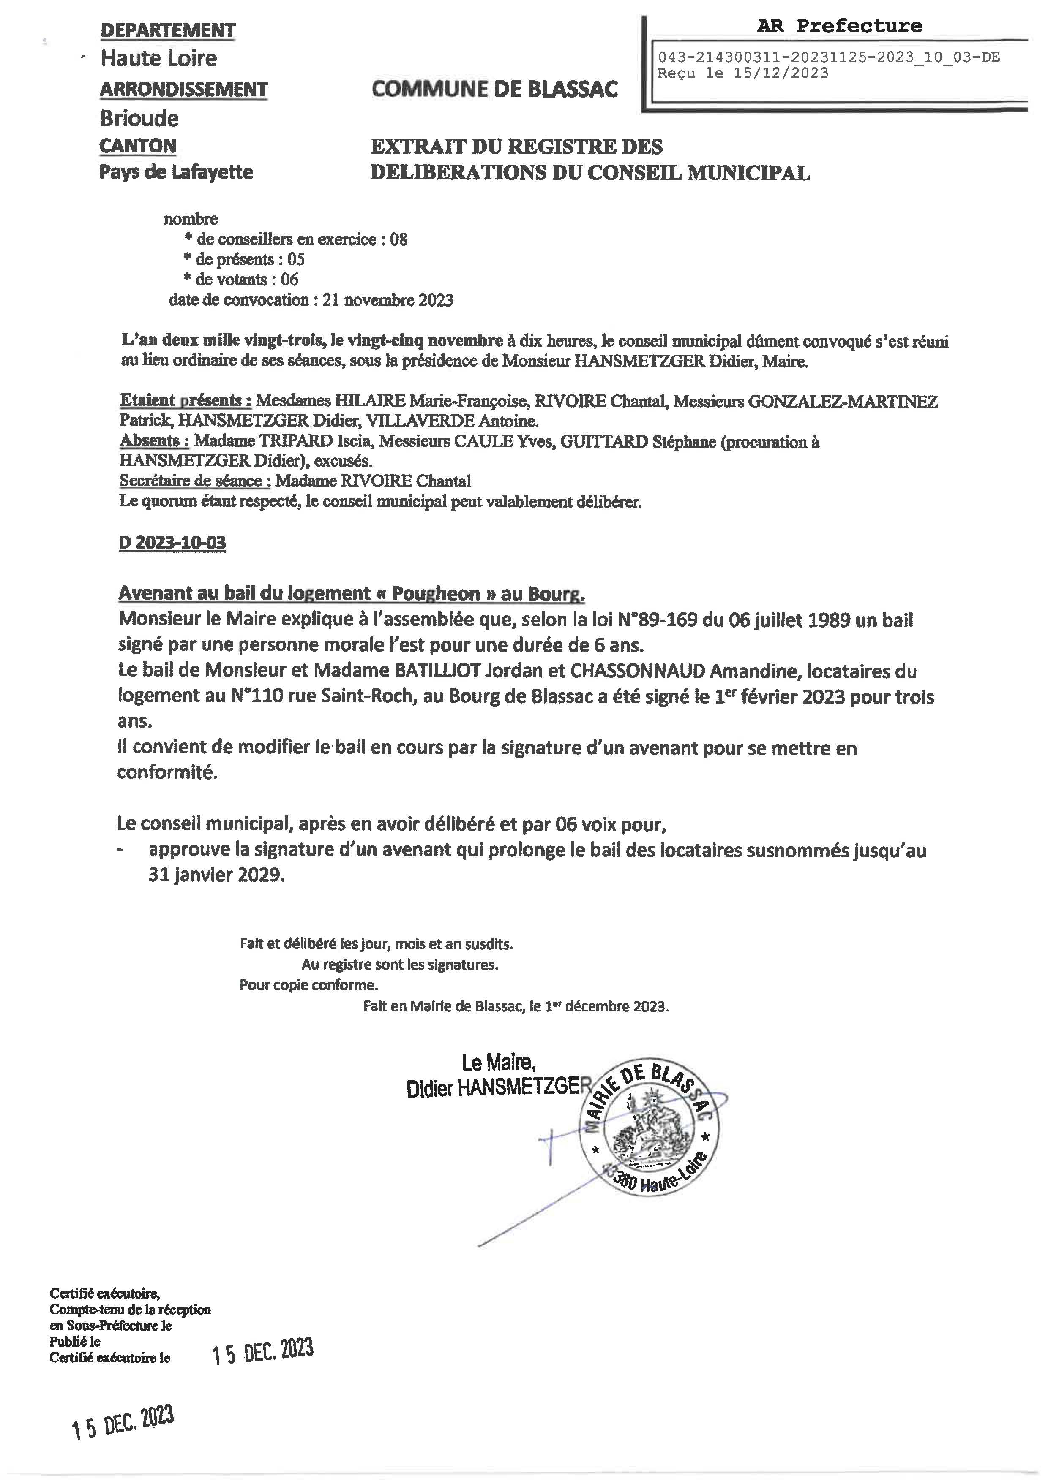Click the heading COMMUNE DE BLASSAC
click(x=494, y=89)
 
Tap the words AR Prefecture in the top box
click(x=840, y=27)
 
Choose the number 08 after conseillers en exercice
click(x=398, y=239)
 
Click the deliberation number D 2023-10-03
click(x=172, y=543)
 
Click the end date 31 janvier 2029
click(x=216, y=875)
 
